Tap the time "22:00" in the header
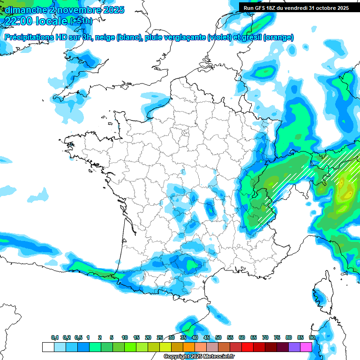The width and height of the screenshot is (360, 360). (x=19, y=21)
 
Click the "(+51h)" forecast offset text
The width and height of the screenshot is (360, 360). (x=81, y=21)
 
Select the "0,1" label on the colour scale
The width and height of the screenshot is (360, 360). (x=54, y=337)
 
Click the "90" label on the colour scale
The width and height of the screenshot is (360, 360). (x=312, y=337)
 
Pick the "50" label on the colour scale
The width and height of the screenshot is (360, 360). (x=218, y=337)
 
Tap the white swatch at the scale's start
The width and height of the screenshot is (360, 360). (x=48, y=347)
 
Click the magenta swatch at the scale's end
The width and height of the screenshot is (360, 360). (x=306, y=347)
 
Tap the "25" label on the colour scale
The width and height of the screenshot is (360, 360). (x=160, y=337)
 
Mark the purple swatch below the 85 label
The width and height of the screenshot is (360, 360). (x=294, y=347)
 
